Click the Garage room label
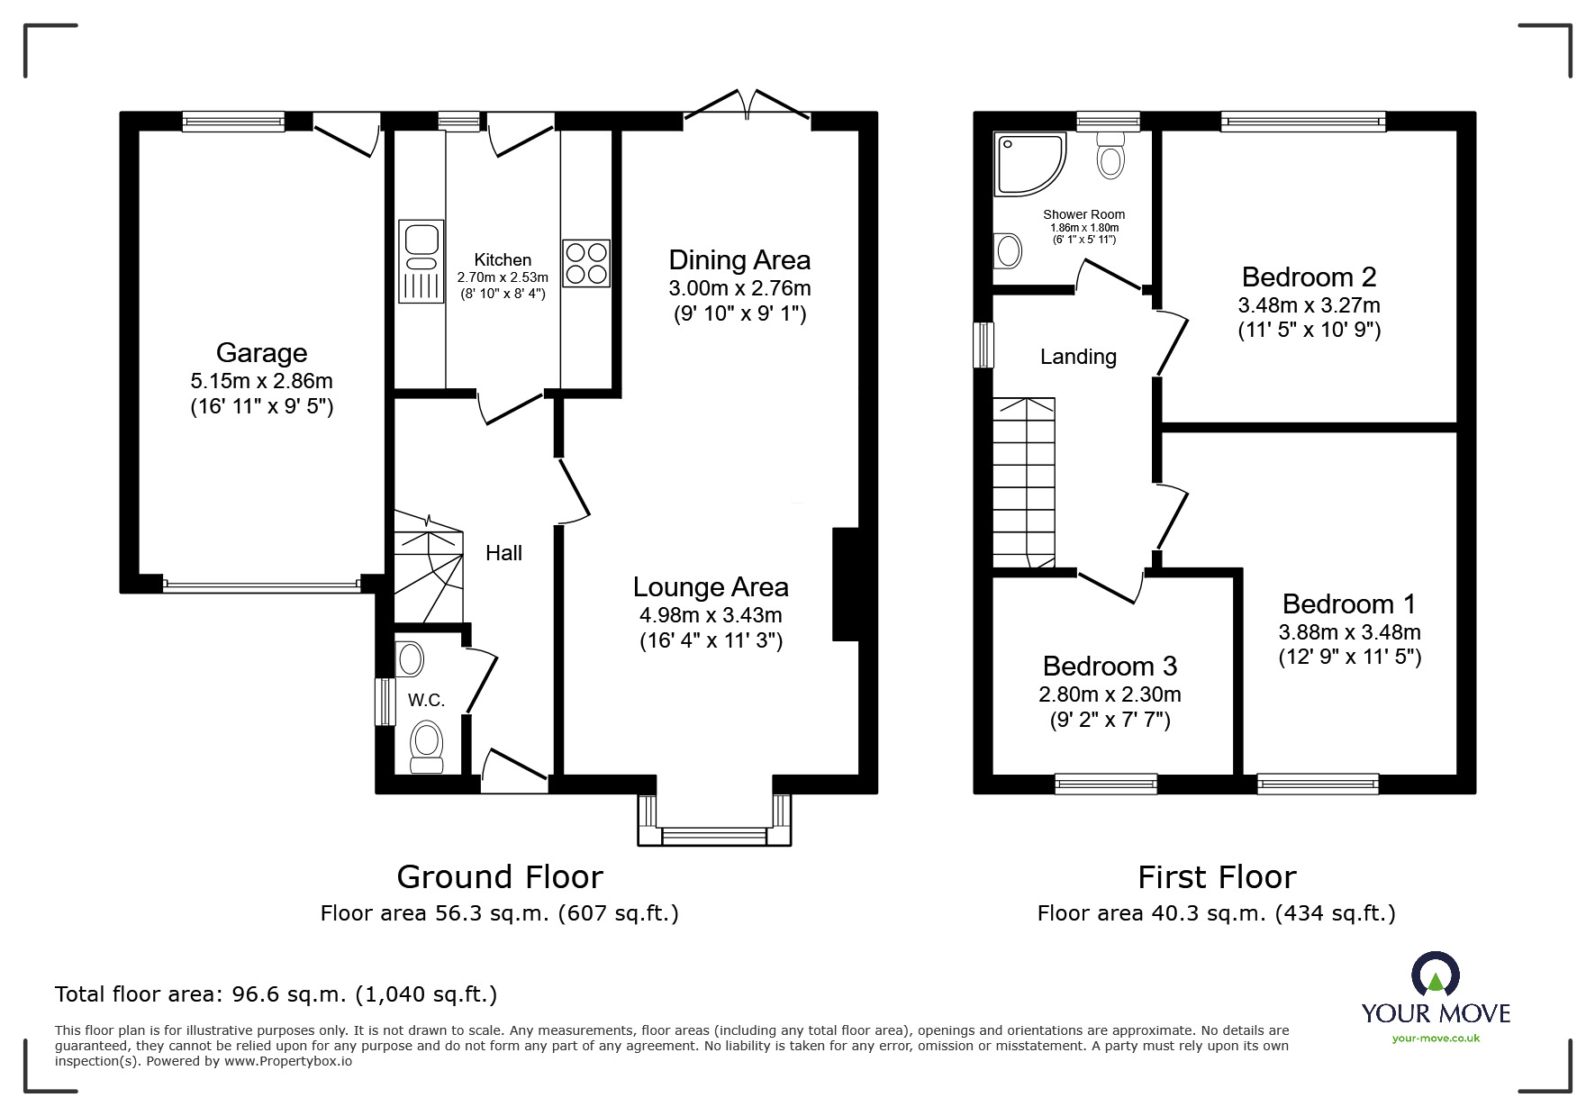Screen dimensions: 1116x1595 click(x=261, y=353)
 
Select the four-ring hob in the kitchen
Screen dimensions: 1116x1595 click(x=585, y=263)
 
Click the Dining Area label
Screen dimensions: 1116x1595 click(x=739, y=260)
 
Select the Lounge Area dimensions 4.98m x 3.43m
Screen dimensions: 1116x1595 click(x=711, y=615)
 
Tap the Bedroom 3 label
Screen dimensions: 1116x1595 click(x=1110, y=667)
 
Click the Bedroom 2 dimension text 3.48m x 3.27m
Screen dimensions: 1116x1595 click(x=1309, y=305)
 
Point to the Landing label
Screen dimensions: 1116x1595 click(x=1078, y=357)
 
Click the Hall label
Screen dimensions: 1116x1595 click(x=503, y=553)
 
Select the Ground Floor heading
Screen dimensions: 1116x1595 click(x=500, y=876)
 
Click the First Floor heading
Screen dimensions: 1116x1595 click(x=1217, y=876)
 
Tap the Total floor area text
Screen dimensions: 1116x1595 click(x=276, y=994)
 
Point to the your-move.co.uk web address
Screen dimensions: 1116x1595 click(x=1436, y=1038)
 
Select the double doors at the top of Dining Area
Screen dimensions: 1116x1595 click(x=747, y=104)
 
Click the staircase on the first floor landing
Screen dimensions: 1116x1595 click(x=1024, y=482)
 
